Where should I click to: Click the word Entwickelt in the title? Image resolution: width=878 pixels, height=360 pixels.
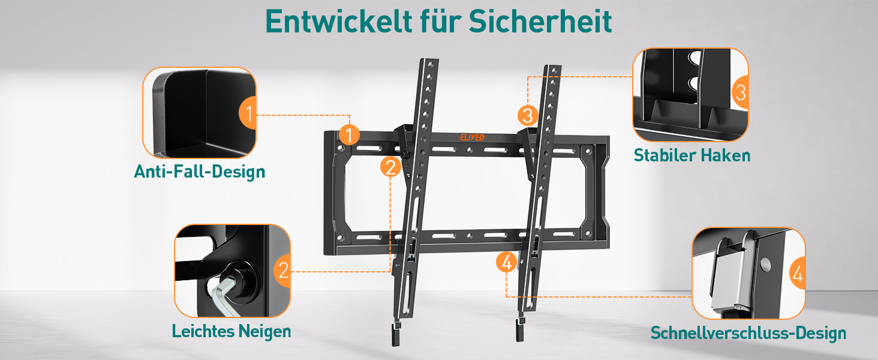[x=339, y=21]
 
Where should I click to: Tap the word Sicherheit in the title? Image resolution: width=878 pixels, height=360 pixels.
[x=540, y=21]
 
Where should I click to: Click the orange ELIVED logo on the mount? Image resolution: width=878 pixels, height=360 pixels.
[x=473, y=137]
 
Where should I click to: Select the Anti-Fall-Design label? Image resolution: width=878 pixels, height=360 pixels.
[x=200, y=172]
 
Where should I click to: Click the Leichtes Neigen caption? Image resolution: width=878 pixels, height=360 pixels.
[x=231, y=332]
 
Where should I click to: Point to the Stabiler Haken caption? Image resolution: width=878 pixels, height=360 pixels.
[x=692, y=155]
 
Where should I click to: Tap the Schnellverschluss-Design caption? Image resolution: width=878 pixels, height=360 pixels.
[x=748, y=334]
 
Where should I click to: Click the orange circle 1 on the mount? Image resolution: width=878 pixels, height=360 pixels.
[x=349, y=134]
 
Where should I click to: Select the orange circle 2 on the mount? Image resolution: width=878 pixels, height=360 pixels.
[x=390, y=167]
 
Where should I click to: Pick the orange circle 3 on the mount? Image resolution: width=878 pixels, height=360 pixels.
[x=528, y=115]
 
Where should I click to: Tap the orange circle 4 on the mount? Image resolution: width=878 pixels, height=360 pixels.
[x=506, y=262]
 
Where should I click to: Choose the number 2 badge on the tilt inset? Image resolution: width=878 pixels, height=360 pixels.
[x=282, y=271]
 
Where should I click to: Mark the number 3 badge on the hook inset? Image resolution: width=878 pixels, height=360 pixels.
[x=741, y=92]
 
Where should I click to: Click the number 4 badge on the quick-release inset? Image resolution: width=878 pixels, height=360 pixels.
[x=797, y=274]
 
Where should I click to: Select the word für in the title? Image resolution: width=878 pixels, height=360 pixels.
[x=440, y=21]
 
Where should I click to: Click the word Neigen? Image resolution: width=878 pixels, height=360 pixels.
[x=265, y=332]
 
